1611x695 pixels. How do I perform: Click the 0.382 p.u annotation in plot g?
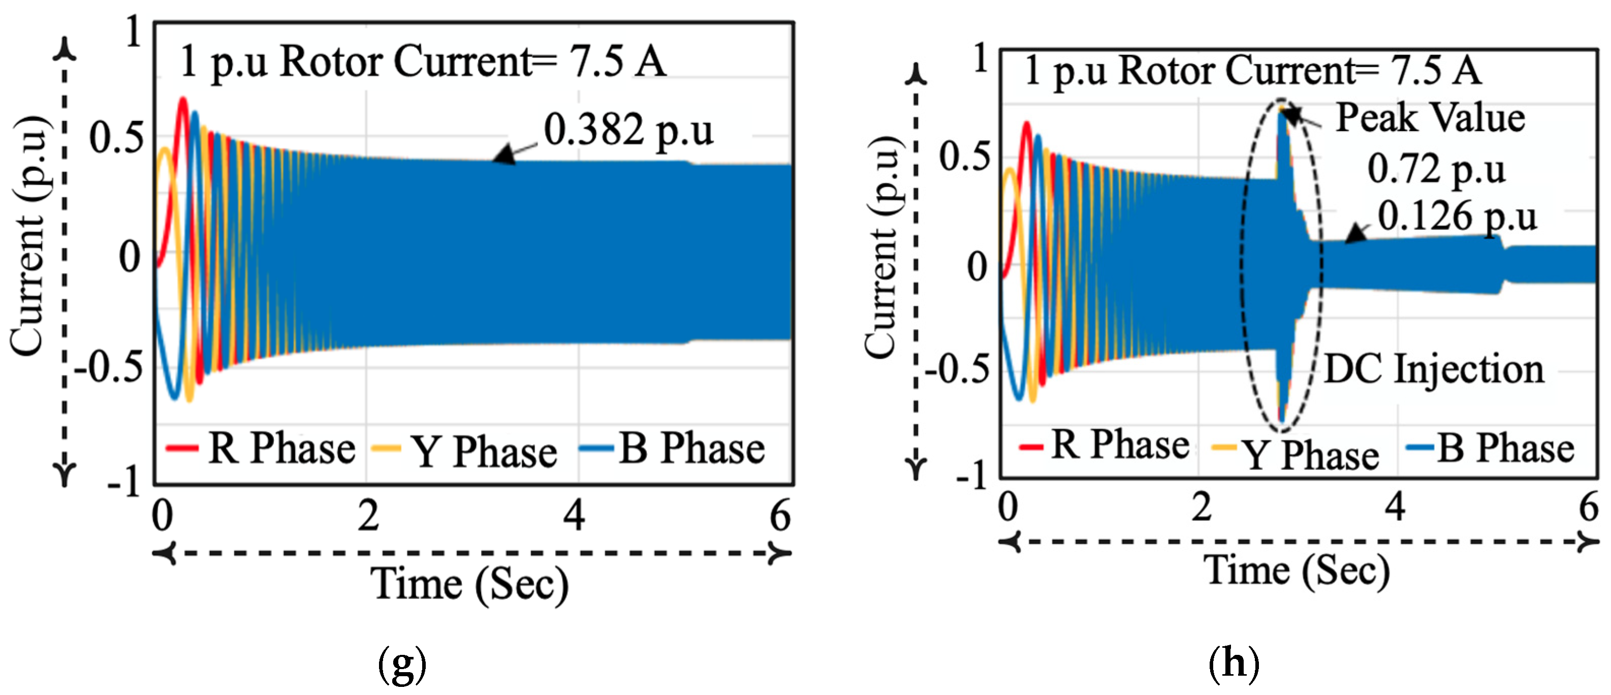[627, 130]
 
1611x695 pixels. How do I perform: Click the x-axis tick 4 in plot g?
[574, 516]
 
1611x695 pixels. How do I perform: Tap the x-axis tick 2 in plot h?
[1201, 507]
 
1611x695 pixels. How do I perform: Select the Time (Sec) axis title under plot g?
[469, 584]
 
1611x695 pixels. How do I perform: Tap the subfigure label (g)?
[402, 665]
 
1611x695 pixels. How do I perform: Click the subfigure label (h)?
[1233, 663]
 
